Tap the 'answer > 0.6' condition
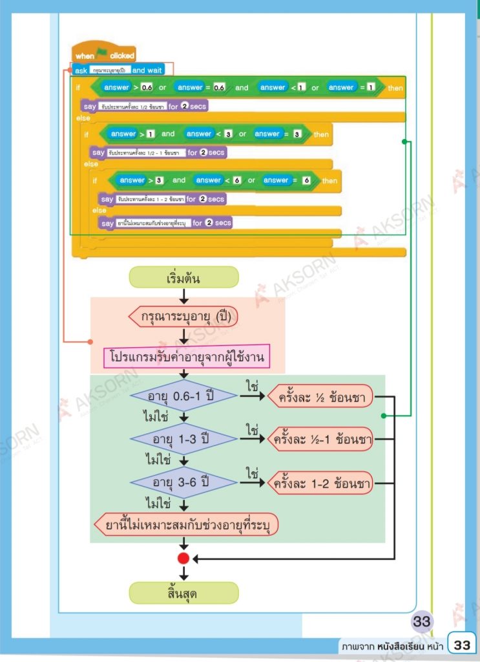point(127,88)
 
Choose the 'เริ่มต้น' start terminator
point(183,277)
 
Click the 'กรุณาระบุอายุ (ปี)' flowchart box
point(183,317)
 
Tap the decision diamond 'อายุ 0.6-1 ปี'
point(183,396)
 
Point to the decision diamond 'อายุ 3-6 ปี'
point(183,482)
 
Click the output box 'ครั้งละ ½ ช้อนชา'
point(320,396)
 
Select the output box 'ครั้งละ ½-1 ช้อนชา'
point(320,440)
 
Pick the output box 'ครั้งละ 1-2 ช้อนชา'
point(320,482)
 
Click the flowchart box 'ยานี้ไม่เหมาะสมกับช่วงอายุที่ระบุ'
point(186,524)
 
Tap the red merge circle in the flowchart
point(183,558)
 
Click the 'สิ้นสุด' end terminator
point(183,592)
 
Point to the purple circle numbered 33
point(422,622)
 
